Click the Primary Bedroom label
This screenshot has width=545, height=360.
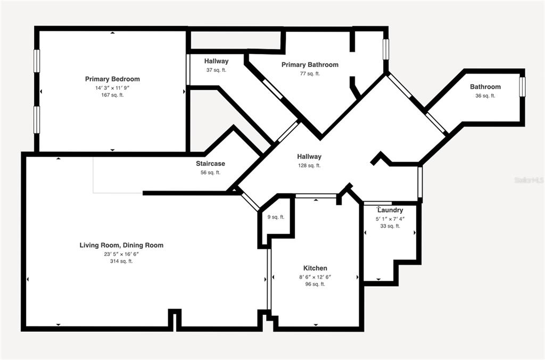[x=112, y=79]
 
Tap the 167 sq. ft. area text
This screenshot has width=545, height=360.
[x=112, y=95]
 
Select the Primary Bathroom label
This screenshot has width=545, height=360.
[x=310, y=64]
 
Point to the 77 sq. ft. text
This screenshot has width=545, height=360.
[x=310, y=73]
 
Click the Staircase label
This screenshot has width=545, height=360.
[x=210, y=163]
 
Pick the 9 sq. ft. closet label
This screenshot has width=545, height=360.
[x=276, y=217]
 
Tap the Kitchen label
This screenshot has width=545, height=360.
[x=315, y=268]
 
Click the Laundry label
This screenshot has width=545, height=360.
[x=390, y=210]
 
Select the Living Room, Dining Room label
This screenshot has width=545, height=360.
[x=121, y=245]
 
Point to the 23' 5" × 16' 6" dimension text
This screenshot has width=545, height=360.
[x=121, y=254]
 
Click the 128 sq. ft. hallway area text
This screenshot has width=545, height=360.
[x=309, y=165]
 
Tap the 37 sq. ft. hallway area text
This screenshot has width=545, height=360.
[x=216, y=70]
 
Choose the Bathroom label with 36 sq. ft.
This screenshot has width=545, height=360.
[x=485, y=87]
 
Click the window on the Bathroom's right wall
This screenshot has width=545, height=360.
[x=522, y=87]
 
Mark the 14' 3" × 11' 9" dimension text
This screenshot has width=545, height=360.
[x=112, y=88]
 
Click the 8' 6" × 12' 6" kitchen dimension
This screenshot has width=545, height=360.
[x=315, y=277]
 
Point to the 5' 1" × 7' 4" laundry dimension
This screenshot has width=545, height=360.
[x=390, y=219]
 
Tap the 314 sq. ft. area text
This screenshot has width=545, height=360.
[x=121, y=261]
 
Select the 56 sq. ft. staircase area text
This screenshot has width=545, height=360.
[x=210, y=172]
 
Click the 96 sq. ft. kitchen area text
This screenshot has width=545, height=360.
[x=315, y=284]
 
